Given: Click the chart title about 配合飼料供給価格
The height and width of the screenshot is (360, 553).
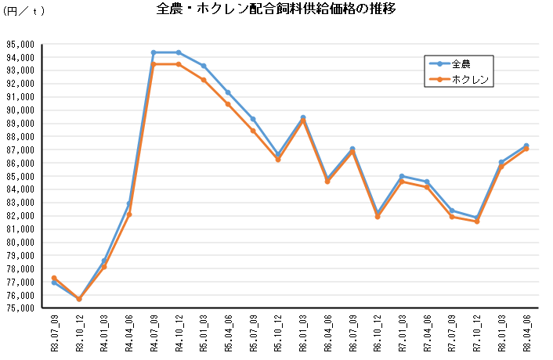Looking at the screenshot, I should coord(276,10).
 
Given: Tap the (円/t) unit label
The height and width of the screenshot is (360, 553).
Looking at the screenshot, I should coord(24,10).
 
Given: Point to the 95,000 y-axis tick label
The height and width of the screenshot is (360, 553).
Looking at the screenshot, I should coord(19,44).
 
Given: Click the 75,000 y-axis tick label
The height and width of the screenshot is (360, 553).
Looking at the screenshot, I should coord(19,308).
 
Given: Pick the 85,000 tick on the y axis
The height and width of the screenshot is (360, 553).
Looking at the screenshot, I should coord(19,176).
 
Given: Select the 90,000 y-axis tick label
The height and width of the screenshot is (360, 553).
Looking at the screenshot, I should coord(19,110).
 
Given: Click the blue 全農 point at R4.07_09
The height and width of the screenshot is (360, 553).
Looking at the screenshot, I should coord(154,52).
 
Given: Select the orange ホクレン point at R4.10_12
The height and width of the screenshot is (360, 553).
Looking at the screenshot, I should coord(179,64).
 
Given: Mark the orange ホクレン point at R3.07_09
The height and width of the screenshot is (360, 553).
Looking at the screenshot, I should coord(54,278).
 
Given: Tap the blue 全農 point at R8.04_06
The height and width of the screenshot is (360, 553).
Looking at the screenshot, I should coord(526,146).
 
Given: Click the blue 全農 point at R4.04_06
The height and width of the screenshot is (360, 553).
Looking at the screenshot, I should coord(128,204).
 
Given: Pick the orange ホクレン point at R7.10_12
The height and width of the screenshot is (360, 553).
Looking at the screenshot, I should coord(476,221).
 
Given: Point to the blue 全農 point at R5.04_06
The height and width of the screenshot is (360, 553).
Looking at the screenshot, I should coord(228,92).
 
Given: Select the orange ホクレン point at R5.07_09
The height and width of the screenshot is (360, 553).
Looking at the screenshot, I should coord(253,131).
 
